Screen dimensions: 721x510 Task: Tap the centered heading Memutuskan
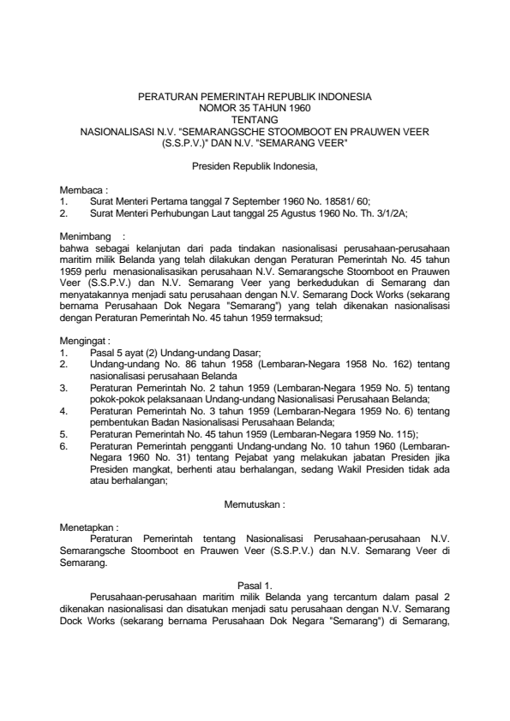pyautogui.click(x=255, y=505)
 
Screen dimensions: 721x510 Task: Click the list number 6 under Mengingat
pyautogui.click(x=63, y=445)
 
